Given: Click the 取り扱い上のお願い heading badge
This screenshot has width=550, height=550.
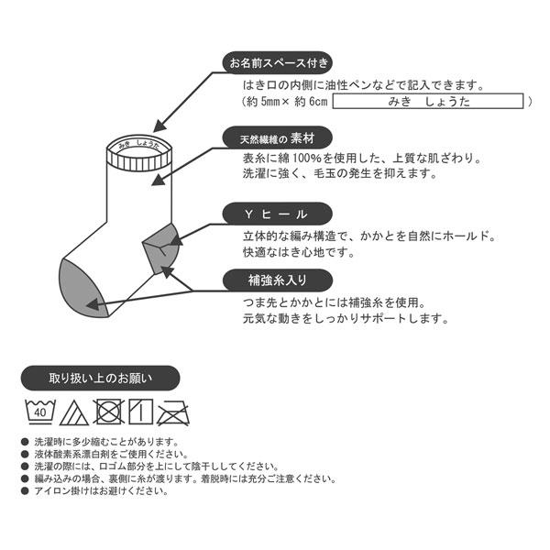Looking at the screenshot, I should [x=101, y=378].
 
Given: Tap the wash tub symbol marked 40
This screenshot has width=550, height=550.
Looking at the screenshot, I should [x=39, y=411].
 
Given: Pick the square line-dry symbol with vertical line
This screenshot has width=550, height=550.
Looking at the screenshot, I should [x=138, y=410].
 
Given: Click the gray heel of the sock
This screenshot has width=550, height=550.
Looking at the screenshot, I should [x=158, y=244].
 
